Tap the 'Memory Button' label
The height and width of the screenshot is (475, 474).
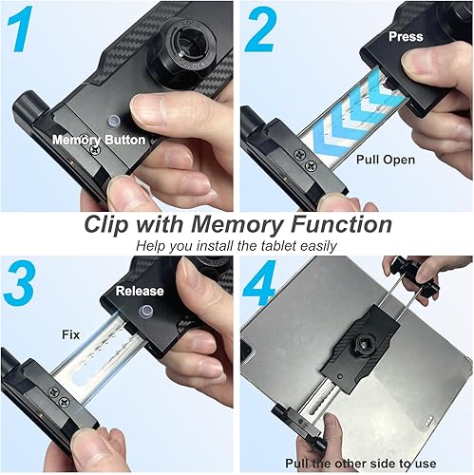99,140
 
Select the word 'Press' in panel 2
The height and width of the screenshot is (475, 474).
407,36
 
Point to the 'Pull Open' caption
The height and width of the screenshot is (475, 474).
385,161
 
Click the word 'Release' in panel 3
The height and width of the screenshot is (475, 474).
140,291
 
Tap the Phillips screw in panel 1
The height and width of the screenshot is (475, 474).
93,147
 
